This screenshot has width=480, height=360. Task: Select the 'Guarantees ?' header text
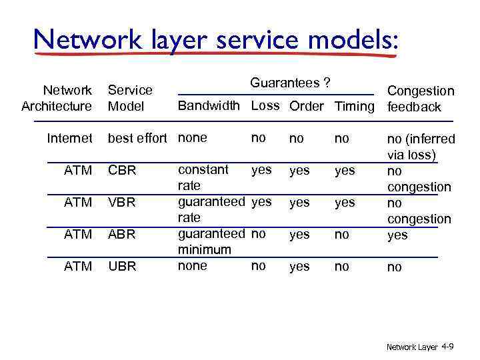click(x=291, y=83)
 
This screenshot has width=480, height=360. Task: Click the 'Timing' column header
click(x=355, y=107)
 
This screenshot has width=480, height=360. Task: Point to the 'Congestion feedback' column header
click(x=421, y=99)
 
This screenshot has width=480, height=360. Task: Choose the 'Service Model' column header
click(x=130, y=98)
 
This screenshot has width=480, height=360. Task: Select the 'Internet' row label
click(x=69, y=139)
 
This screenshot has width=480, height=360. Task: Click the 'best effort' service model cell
click(x=137, y=139)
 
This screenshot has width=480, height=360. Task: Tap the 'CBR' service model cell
click(x=122, y=171)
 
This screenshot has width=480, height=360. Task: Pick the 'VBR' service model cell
click(x=122, y=203)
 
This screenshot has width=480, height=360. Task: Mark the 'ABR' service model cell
click(x=122, y=235)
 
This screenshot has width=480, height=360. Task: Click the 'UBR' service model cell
click(x=122, y=267)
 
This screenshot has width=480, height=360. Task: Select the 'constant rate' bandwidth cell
click(x=203, y=177)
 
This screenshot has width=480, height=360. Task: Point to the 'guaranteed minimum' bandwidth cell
click(x=211, y=241)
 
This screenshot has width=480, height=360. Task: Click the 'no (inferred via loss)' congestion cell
click(x=421, y=147)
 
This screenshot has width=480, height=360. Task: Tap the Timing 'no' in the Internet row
click(x=342, y=139)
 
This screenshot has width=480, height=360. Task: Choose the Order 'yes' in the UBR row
click(x=299, y=267)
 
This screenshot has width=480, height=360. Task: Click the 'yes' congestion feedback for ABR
click(x=397, y=235)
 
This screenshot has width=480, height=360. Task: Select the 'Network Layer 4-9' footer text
click(x=420, y=347)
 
